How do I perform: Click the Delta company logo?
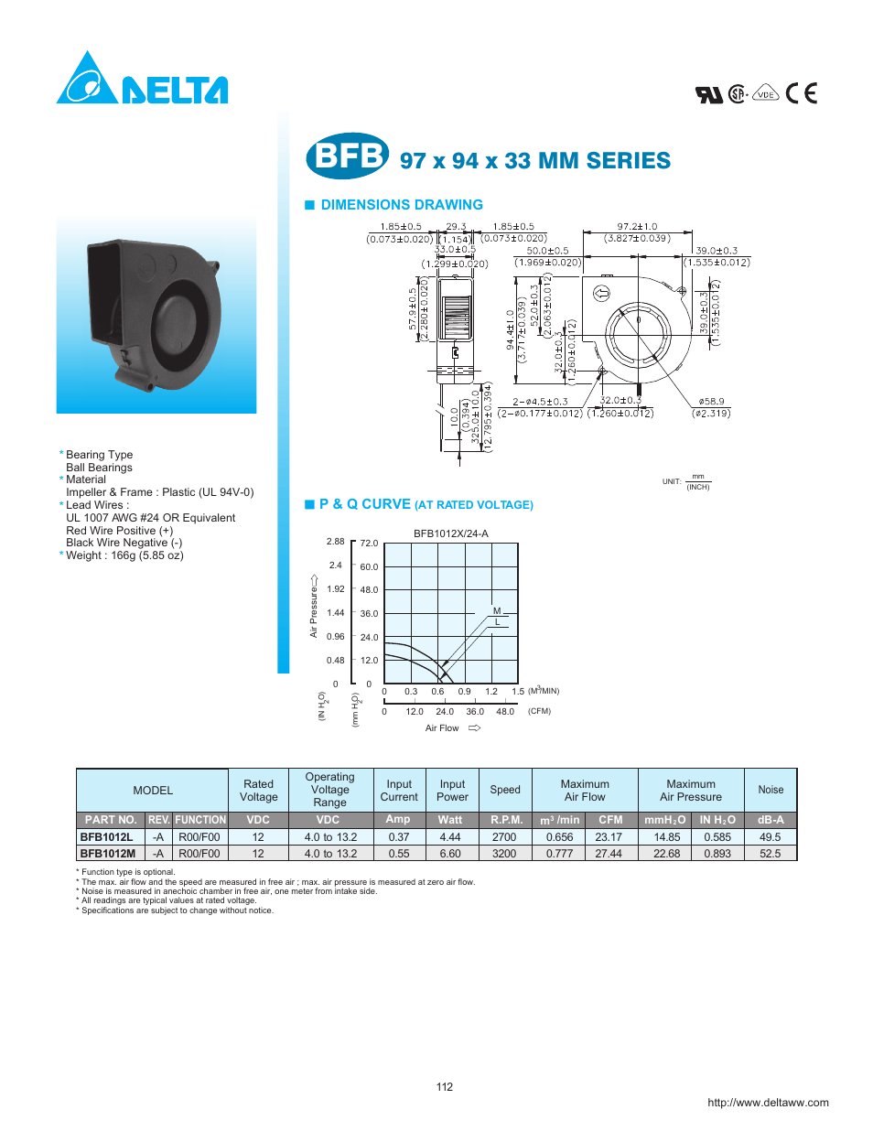pos(142,80)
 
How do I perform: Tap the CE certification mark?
pos(801,93)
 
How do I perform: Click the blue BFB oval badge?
pos(347,156)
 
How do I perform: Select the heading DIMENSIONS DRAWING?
pos(401,205)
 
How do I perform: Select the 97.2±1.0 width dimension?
pos(637,227)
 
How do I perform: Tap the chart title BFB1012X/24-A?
pos(450,533)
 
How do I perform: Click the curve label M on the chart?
pos(497,610)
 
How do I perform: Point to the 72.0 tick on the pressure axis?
pos(369,544)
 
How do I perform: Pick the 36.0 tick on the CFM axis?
pos(475,711)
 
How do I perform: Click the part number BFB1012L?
pos(106,837)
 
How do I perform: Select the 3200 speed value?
pos(504,854)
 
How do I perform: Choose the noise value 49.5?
pos(770,837)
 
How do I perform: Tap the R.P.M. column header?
pos(506,820)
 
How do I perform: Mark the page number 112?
pos(445,1087)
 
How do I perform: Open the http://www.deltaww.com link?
pos(768,1103)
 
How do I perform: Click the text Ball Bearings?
pos(99,468)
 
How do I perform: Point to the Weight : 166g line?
pos(124,555)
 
